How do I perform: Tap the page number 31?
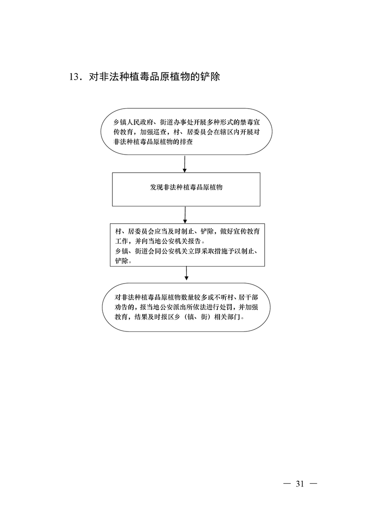pos(300,484)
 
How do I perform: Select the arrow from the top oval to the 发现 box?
pos(184,164)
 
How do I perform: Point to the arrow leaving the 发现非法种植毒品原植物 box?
pos(185,215)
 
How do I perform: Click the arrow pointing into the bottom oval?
pos(186,274)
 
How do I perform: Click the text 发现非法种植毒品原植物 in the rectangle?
pos(186,187)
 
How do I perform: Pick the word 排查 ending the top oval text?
pos(186,142)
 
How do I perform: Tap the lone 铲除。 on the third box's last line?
pos(123,261)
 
